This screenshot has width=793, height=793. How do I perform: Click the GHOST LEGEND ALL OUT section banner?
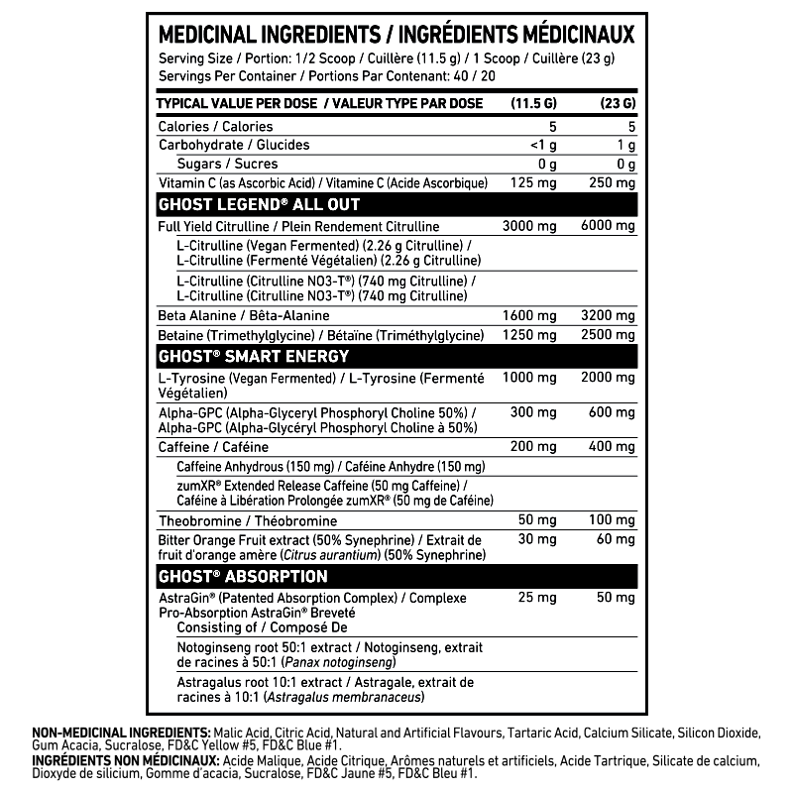point(259,205)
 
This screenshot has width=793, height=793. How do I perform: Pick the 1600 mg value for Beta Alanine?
point(529,316)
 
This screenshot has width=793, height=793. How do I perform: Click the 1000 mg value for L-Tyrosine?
point(529,379)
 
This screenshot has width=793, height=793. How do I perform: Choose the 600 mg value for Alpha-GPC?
point(614,412)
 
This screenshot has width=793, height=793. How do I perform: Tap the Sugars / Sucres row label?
point(227,164)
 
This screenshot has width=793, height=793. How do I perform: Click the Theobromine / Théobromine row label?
point(248,520)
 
